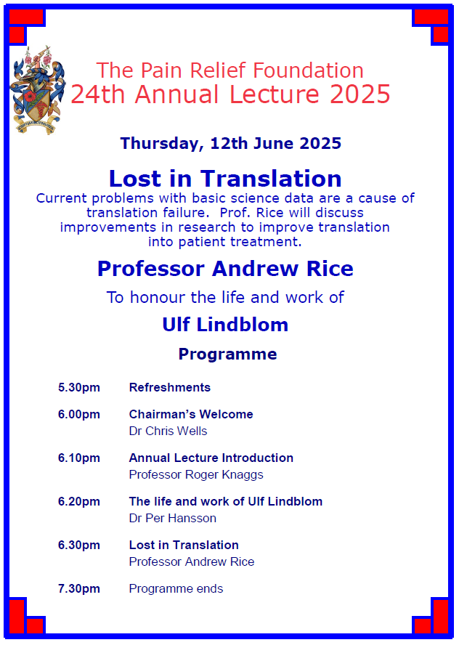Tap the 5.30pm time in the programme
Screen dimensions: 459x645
click(x=79, y=387)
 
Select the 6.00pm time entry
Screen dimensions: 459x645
click(x=79, y=414)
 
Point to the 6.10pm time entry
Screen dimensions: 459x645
click(x=79, y=458)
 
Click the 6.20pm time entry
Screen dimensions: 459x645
click(x=79, y=501)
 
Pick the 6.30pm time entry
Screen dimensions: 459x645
click(x=79, y=545)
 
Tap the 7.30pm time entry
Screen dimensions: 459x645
click(x=79, y=588)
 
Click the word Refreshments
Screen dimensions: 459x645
click(x=170, y=387)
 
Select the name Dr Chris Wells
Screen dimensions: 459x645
click(x=168, y=431)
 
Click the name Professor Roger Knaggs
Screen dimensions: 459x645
click(x=196, y=475)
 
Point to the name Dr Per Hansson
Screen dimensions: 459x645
click(x=172, y=519)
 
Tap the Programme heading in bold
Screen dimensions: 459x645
click(x=228, y=354)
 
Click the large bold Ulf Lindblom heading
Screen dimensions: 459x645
click(x=225, y=324)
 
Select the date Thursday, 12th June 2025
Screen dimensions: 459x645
click(x=231, y=144)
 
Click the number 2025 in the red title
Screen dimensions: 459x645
click(x=360, y=94)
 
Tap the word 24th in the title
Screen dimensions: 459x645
click(x=98, y=94)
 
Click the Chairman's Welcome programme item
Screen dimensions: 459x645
click(x=191, y=414)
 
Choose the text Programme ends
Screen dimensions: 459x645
click(x=176, y=588)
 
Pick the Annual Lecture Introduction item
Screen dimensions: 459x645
click(x=211, y=458)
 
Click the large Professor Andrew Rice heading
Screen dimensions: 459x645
click(x=225, y=269)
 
